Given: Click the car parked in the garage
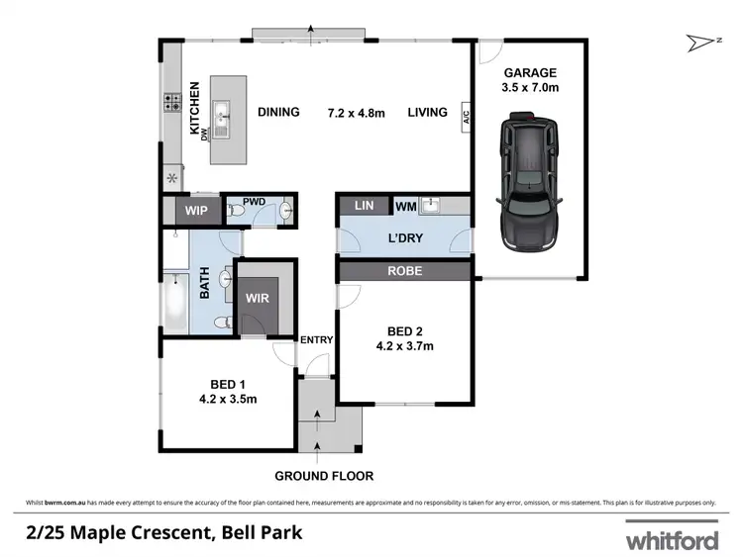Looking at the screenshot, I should [x=530, y=180].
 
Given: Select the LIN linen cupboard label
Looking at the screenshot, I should [x=364, y=206].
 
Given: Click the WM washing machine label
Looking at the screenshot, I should [x=405, y=206].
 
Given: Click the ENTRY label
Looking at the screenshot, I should [x=317, y=340].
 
